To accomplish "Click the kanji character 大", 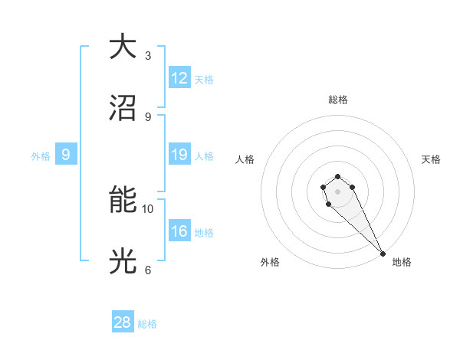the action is pos(123,47).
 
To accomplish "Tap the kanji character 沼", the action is pos(123,109).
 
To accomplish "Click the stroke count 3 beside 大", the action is pos(148,55).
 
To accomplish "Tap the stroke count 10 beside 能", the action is pos(148,208).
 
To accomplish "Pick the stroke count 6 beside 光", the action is pos(148,270).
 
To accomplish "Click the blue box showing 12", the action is pos(179,78).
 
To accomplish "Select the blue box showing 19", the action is pos(179,155).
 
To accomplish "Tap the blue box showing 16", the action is pos(179,231).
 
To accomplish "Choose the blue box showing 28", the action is pos(123,322).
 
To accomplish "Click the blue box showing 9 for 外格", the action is pos(66,155).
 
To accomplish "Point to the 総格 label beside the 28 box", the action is pos(147,324).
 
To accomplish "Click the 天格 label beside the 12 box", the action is pos(204,80).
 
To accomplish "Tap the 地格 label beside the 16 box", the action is pos(204,233).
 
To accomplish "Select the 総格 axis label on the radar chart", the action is pos(337,100).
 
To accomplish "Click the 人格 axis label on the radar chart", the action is pos(245,159).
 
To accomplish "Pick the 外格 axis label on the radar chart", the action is pos(269,262).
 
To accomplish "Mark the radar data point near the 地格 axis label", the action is pos(383,254).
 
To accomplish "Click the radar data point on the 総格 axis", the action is pos(337,173).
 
